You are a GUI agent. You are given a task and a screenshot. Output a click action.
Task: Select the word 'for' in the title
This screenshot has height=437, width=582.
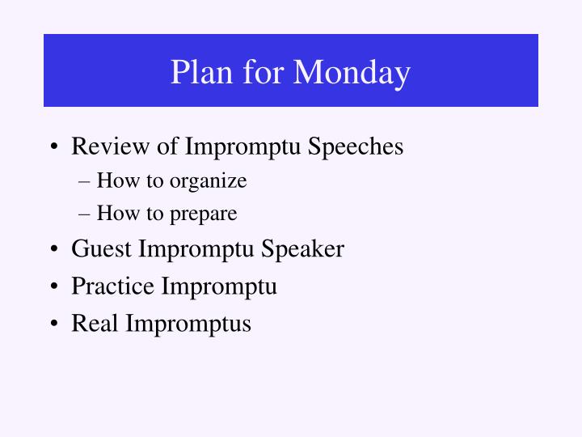tap(258, 73)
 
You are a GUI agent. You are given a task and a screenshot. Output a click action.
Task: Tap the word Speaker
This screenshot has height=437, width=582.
tap(304, 248)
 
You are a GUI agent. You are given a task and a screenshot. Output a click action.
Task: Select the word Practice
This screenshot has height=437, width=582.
tap(113, 286)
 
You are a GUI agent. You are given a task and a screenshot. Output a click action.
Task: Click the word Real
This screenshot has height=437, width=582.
tap(96, 324)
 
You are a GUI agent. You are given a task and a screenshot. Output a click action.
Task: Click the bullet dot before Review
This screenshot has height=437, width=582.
tap(53, 147)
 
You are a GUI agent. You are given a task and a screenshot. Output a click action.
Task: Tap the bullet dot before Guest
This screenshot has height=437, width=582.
tap(53, 249)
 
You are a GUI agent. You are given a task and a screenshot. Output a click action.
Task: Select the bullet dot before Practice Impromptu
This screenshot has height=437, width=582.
tap(53, 286)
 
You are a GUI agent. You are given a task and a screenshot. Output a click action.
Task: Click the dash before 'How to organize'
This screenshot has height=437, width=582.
tap(86, 181)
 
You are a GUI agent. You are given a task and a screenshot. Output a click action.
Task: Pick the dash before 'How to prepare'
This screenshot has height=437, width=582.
tap(86, 214)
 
